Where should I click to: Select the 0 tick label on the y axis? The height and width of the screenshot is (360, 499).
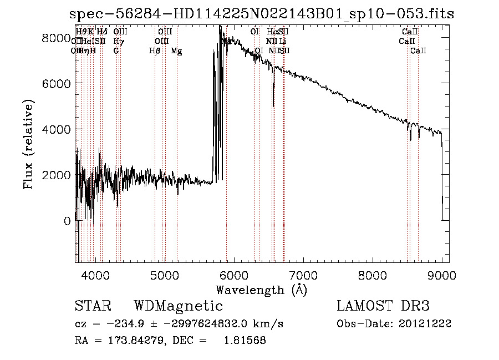[67, 221]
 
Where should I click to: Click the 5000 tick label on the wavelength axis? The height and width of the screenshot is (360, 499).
[164, 275]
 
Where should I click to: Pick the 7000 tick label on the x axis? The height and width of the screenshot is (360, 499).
[303, 275]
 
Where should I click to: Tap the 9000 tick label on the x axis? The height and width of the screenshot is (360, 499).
[441, 275]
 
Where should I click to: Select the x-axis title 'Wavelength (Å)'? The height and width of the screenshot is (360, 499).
[261, 290]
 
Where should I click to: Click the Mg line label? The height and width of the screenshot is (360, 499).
[176, 51]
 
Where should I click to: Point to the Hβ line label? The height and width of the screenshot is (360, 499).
[155, 51]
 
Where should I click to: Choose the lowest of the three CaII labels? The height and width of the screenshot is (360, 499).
[418, 51]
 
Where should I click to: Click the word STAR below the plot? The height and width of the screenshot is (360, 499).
[93, 306]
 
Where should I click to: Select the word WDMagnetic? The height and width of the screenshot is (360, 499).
[178, 306]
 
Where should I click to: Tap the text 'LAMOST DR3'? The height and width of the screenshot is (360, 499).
[383, 306]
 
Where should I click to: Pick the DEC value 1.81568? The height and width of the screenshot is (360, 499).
[245, 341]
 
